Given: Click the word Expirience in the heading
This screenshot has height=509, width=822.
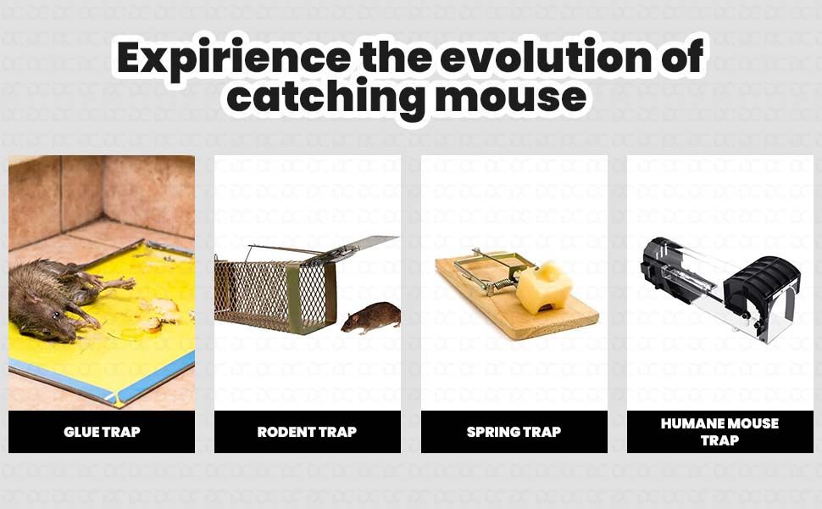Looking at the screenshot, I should (x=231, y=58).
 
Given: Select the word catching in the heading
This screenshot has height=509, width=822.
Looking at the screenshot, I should (x=326, y=97).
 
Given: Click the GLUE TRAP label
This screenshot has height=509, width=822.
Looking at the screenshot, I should (x=102, y=432).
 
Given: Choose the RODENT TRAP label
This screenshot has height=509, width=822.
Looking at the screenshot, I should (x=307, y=432).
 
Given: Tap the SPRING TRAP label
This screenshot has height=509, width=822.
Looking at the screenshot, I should (x=514, y=432).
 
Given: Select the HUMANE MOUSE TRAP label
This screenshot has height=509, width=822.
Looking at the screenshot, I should (x=719, y=432).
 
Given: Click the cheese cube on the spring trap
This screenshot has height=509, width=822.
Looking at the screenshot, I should (x=543, y=288).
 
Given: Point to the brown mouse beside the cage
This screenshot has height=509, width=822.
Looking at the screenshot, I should (x=372, y=316).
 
